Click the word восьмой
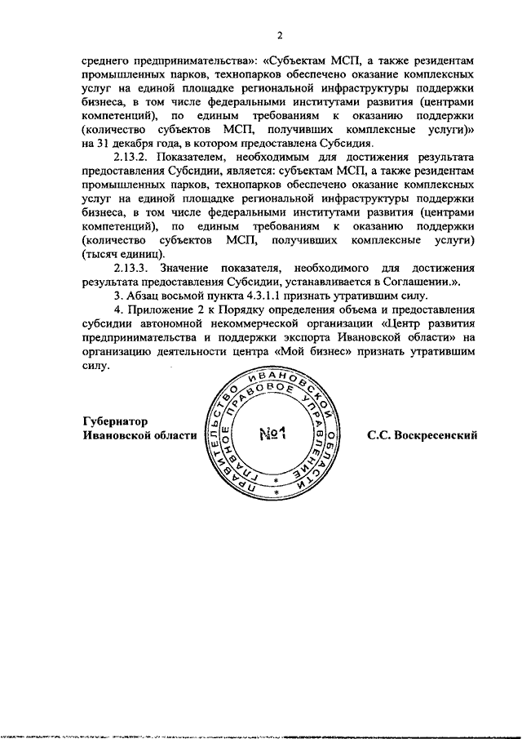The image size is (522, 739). point(200,295)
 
